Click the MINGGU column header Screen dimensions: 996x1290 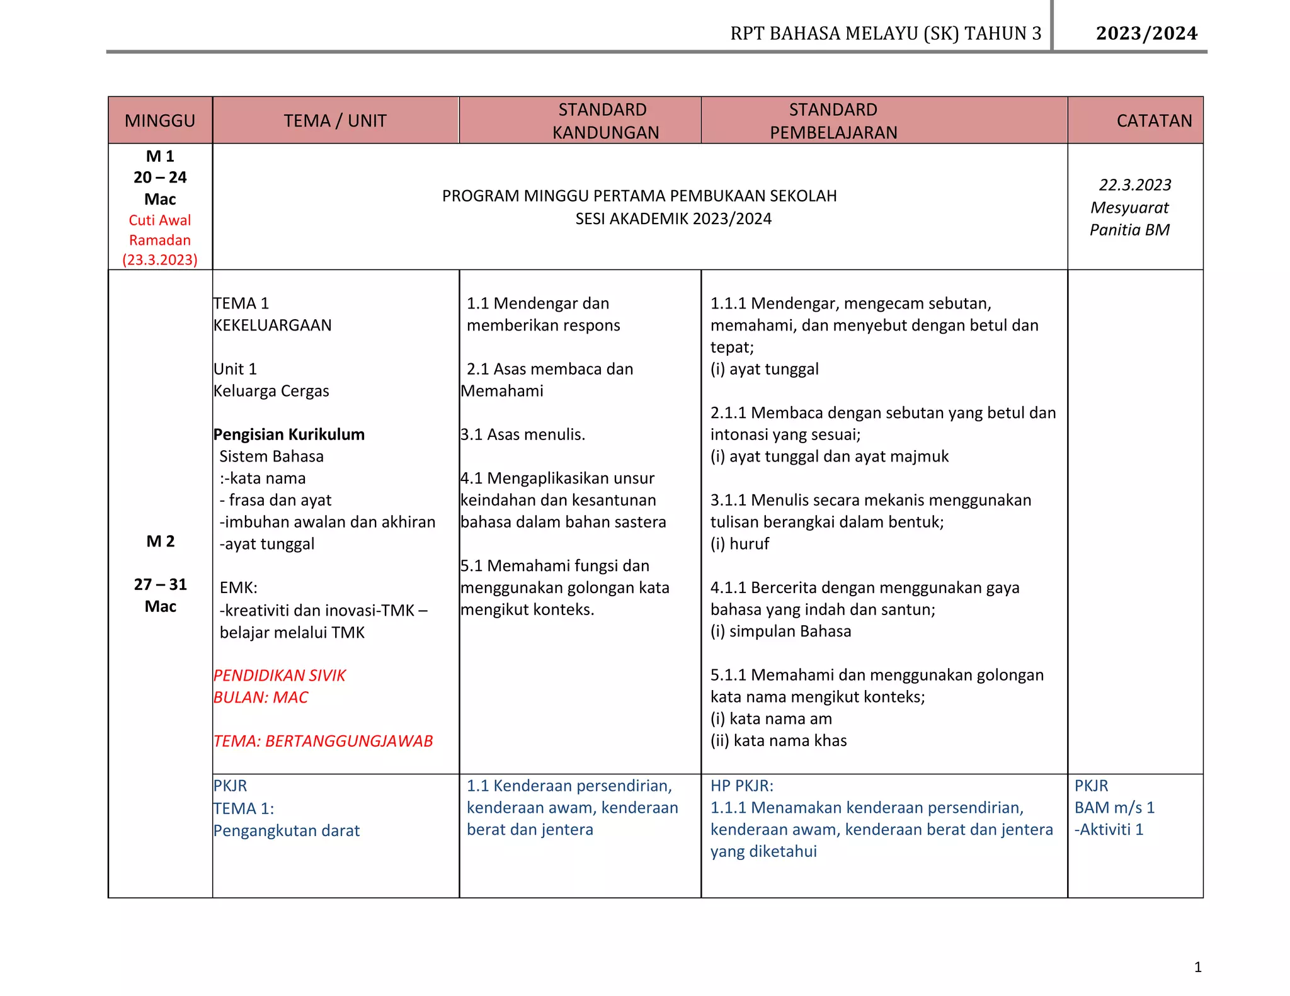(x=160, y=120)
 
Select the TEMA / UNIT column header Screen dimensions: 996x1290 (x=334, y=120)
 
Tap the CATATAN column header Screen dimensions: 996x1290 (x=1153, y=120)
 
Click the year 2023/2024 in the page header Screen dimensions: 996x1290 (x=1146, y=33)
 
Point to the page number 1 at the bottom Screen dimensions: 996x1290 (x=1197, y=967)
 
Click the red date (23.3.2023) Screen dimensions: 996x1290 (x=160, y=259)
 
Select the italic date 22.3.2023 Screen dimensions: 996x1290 (x=1134, y=185)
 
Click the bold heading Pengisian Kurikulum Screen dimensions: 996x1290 (x=288, y=434)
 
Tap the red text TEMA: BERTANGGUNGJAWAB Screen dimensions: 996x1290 (x=323, y=741)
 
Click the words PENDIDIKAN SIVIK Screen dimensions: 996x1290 (x=279, y=676)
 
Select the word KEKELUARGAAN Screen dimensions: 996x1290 (x=272, y=325)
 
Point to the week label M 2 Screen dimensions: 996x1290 (x=160, y=541)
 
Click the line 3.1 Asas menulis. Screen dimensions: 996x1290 (x=522, y=434)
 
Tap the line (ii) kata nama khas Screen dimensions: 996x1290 (x=779, y=741)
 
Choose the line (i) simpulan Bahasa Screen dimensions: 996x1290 (x=780, y=631)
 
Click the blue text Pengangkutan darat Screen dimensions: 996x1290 (x=286, y=831)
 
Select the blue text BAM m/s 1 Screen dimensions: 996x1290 (x=1114, y=808)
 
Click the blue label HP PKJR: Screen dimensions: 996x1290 (x=741, y=786)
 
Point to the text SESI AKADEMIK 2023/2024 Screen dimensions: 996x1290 (x=673, y=219)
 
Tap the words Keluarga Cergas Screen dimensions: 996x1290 (x=271, y=391)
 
